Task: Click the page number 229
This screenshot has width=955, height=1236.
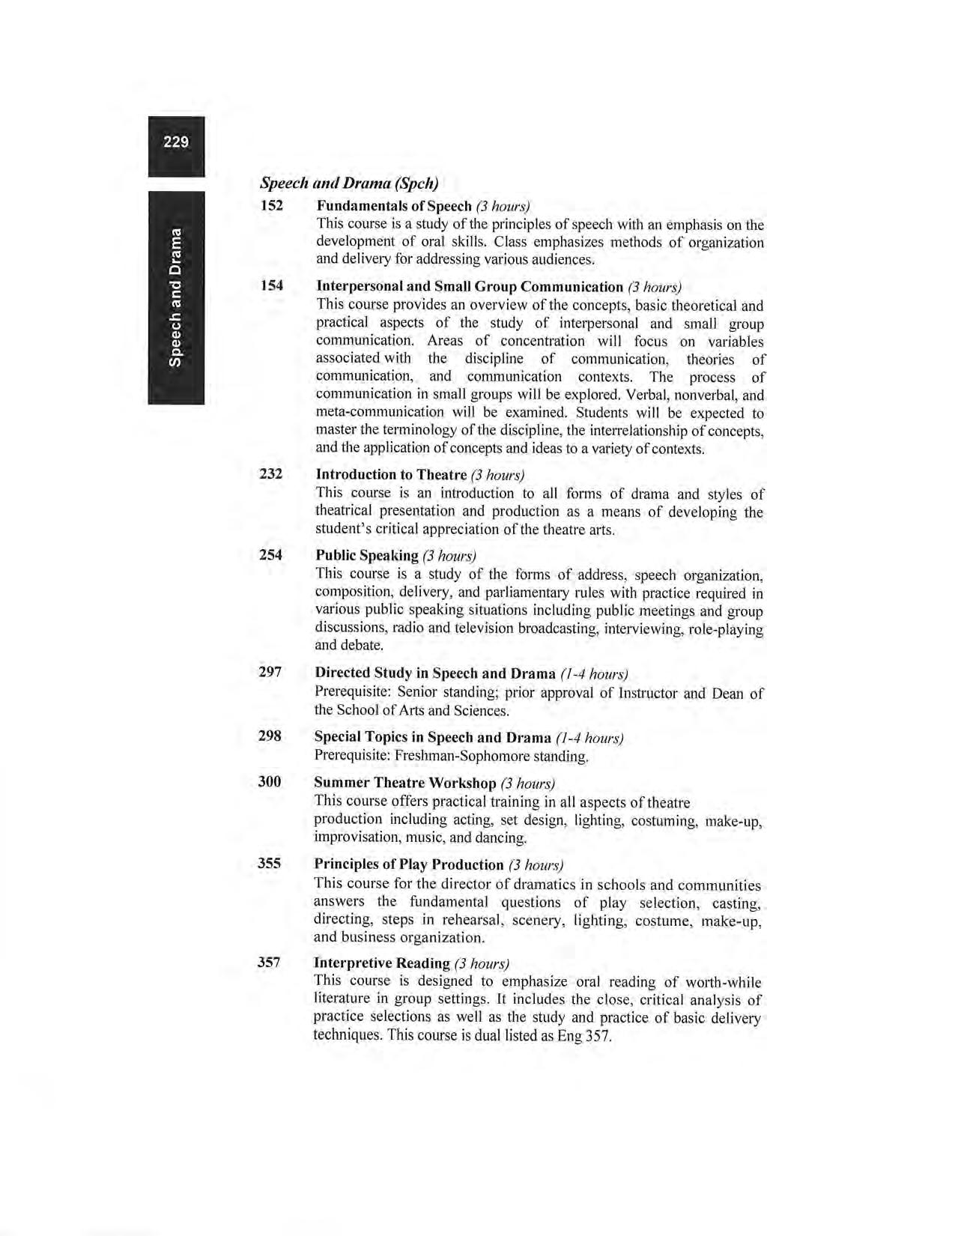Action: pos(176,142)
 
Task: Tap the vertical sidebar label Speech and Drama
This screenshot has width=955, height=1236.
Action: pos(175,298)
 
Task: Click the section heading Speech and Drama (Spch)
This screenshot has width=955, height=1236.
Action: pos(349,183)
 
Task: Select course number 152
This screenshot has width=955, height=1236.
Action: pos(271,205)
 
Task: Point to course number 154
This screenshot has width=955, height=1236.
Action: pos(271,285)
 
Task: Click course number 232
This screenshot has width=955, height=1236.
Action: pos(270,473)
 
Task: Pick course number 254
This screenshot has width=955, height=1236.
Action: pos(270,554)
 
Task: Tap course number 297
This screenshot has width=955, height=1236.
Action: pos(270,672)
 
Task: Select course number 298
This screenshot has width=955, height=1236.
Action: pos(270,736)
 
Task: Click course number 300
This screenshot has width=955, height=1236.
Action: pos(270,781)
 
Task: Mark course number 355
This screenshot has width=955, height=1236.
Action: pos(269,863)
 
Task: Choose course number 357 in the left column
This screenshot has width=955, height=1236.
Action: pos(269,962)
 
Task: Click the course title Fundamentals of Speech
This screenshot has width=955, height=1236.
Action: pos(394,205)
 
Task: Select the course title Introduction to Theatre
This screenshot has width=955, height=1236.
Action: pos(391,474)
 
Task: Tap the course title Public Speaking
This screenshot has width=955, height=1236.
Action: pos(366,555)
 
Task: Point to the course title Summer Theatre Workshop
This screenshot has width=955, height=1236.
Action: pos(404,783)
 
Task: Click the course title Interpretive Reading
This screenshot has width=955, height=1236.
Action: pos(381,963)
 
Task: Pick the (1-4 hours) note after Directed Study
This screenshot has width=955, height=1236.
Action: pos(593,673)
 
